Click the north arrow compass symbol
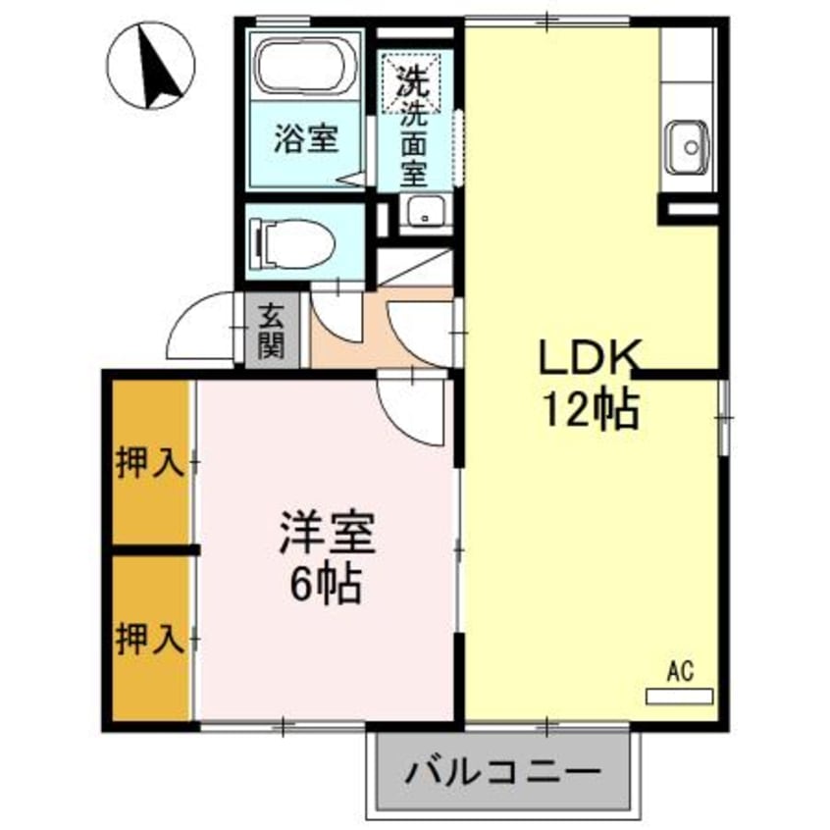click(x=153, y=66)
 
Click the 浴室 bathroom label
click(x=305, y=139)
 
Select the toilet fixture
click(x=292, y=239)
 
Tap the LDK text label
click(x=589, y=358)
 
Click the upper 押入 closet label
click(x=150, y=462)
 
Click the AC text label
click(x=680, y=672)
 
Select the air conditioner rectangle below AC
click(x=680, y=697)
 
